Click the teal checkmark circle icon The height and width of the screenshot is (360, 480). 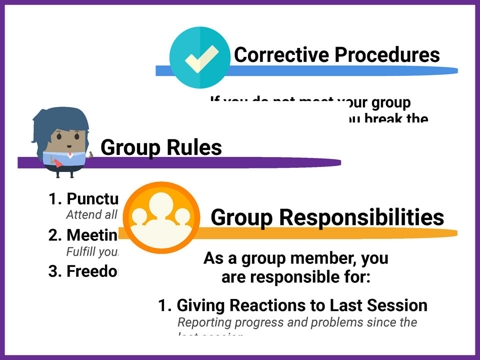click(200, 57)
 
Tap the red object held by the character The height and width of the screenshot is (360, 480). click(58, 163)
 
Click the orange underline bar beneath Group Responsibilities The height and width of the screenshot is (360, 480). click(350, 233)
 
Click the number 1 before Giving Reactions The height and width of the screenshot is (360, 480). click(163, 305)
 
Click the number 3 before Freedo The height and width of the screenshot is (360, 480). click(54, 271)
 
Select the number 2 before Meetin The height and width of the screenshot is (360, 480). click(54, 235)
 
